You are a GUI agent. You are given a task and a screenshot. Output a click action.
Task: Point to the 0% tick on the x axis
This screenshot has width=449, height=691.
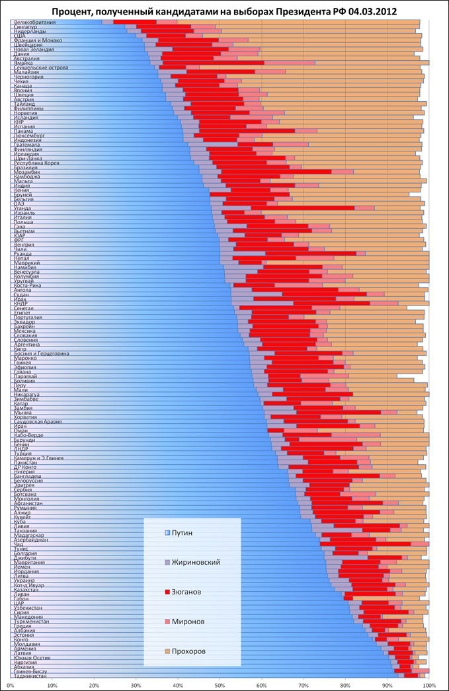(x=11, y=686)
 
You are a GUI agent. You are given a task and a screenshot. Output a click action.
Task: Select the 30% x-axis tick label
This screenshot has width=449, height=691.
(x=136, y=686)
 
